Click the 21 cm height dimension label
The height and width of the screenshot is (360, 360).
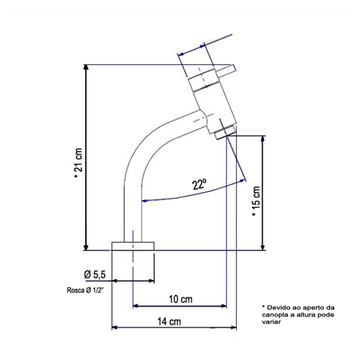click(79, 163)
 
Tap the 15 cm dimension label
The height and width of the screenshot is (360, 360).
click(256, 202)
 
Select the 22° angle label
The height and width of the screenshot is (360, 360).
click(199, 184)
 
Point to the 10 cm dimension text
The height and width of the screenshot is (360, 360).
click(181, 300)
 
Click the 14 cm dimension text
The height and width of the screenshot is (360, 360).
click(169, 321)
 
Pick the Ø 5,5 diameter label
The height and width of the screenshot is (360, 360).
click(95, 274)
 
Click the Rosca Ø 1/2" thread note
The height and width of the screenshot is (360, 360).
click(85, 290)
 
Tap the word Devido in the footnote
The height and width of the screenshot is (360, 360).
click(277, 307)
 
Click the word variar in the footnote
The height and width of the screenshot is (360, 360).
click(271, 322)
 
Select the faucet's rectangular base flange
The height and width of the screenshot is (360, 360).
click(133, 246)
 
